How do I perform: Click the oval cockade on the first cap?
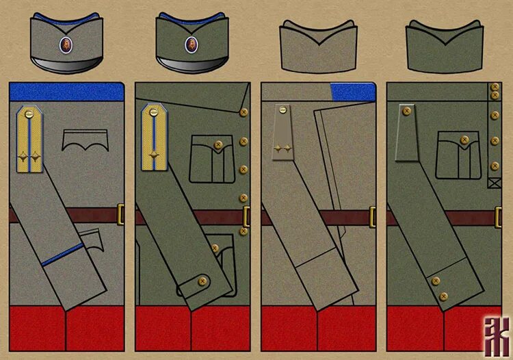tap(64, 44)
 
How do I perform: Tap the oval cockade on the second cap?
tap(190, 44)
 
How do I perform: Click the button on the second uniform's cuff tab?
tap(202, 279)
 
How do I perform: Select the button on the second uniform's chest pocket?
tap(218, 144)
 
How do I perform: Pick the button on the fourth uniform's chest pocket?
tap(464, 140)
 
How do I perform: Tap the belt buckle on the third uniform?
tap(373, 216)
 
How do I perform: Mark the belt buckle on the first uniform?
tap(121, 214)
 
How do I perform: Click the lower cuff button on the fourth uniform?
tap(443, 296)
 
